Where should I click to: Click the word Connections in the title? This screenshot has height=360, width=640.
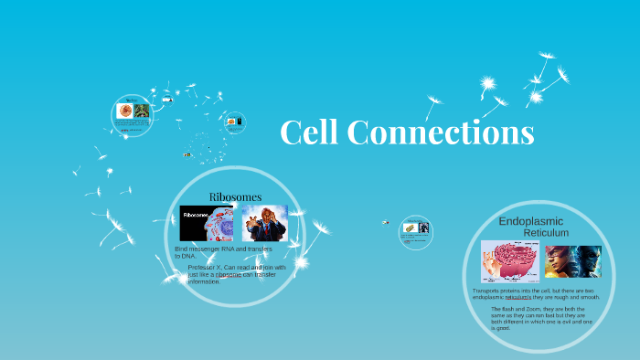(441, 133)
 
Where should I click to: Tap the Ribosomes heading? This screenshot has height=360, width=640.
(235, 196)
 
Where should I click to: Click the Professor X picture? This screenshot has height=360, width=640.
(264, 223)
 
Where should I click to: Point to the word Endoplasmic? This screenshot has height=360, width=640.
(530, 221)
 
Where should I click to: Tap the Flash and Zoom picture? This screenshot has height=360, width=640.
(572, 261)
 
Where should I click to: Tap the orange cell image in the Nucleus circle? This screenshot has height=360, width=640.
(125, 111)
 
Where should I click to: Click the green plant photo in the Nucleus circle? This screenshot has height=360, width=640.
(142, 111)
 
